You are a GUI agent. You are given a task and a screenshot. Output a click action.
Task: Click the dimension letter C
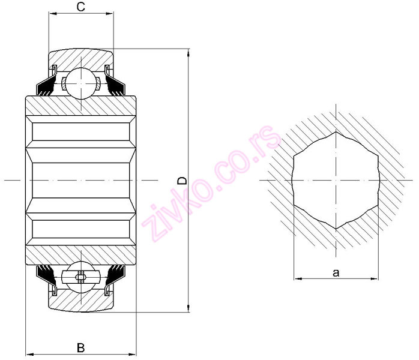tap(80, 7)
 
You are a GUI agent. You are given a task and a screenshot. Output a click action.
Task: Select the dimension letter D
tap(182, 180)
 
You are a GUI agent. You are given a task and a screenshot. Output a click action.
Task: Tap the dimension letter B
tap(80, 347)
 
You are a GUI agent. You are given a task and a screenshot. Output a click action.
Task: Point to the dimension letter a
tap(336, 272)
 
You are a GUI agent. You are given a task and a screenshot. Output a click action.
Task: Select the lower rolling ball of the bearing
tap(80, 277)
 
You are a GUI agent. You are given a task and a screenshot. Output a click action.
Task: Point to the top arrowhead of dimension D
tap(188, 52)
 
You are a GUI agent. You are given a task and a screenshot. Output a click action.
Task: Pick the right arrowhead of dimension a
tap(376, 278)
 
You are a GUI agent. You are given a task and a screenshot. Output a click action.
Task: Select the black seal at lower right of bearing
tap(116, 273)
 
